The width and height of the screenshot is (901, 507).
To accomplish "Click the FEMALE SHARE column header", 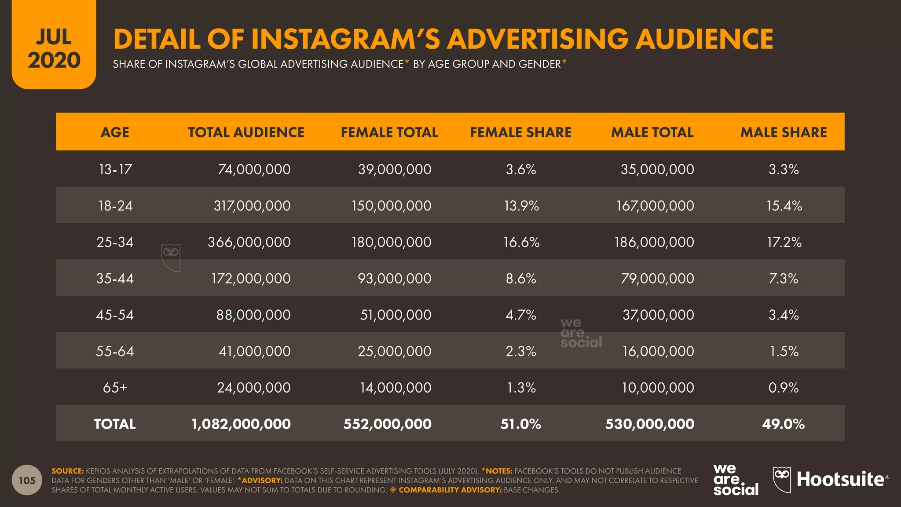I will click(520, 132).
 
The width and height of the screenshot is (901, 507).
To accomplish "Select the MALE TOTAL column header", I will click(652, 132).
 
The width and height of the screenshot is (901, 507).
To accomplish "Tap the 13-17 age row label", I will click(115, 169).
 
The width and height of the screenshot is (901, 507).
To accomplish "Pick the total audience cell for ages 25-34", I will click(249, 242).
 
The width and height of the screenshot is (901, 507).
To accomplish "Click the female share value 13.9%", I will click(521, 206).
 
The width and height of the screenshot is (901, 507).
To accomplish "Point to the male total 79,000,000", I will click(657, 278).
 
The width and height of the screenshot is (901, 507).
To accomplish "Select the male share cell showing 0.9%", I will click(784, 387).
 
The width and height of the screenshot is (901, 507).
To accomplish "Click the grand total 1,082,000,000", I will click(241, 424).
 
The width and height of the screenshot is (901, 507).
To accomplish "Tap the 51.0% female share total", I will click(521, 424).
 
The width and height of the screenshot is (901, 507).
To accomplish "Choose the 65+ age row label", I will click(115, 387).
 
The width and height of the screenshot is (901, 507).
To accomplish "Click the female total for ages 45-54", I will click(396, 315).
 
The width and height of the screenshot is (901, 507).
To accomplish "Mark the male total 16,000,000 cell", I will click(658, 351).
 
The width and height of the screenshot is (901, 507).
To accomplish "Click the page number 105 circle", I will click(27, 480).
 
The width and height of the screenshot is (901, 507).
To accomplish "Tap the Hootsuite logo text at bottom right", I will click(840, 479).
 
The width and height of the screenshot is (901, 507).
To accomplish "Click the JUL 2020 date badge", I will click(54, 48).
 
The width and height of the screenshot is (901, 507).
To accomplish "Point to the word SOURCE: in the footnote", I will click(67, 471).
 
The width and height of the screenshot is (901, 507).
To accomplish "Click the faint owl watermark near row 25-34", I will click(171, 257).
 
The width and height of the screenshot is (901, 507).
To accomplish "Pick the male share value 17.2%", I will click(784, 242).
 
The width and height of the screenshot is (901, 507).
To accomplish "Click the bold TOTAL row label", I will click(115, 424).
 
